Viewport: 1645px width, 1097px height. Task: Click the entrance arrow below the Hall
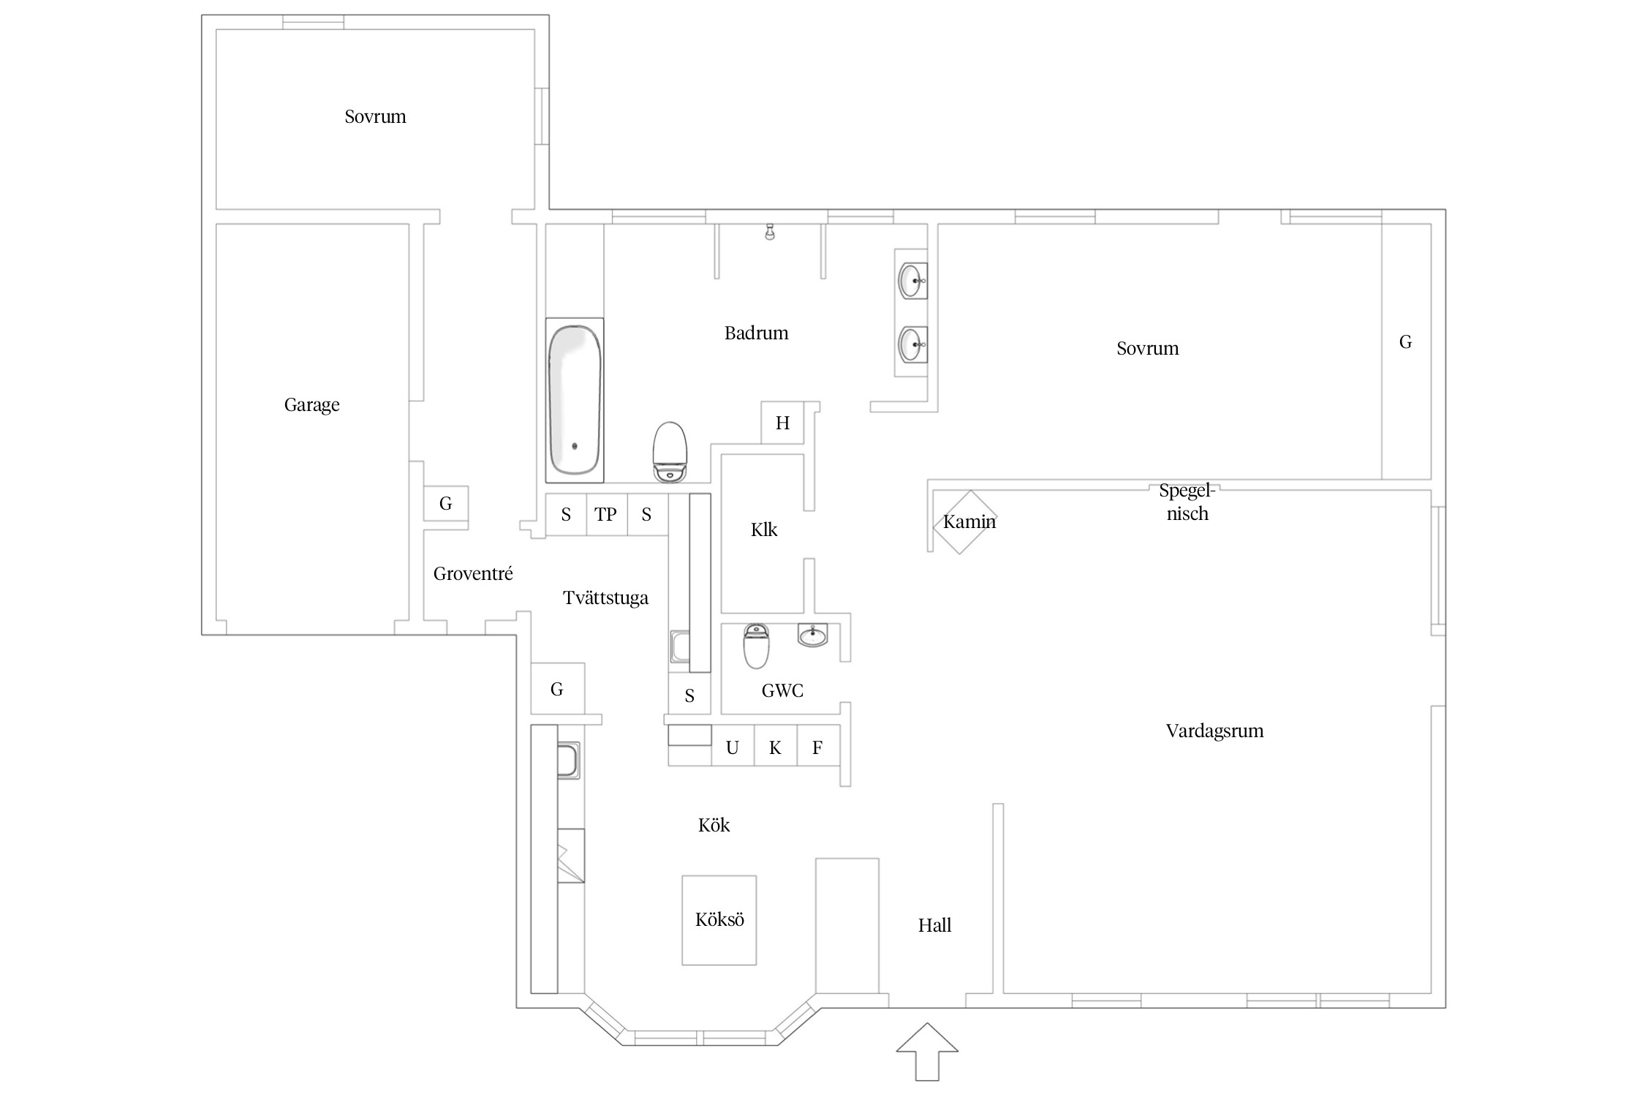[x=927, y=1051]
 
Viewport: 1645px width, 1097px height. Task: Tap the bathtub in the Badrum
[x=575, y=400]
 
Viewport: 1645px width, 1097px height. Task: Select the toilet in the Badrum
[x=670, y=452]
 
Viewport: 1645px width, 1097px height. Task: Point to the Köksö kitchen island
[x=719, y=920]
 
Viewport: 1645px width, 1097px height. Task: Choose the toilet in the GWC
[x=756, y=646]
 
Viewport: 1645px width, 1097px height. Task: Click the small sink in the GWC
[x=812, y=635]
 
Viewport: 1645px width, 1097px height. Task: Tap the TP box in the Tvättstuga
[x=606, y=515]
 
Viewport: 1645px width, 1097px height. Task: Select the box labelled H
[x=782, y=422]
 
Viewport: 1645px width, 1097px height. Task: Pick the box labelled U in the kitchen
[x=733, y=746]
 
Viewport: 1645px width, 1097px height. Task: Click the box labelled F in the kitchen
[x=818, y=746]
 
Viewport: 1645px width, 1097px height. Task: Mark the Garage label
[x=312, y=405]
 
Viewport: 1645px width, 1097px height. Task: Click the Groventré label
[x=473, y=573]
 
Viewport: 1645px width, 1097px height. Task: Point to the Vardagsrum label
[x=1214, y=731]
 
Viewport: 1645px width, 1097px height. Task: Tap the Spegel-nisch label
[x=1187, y=502]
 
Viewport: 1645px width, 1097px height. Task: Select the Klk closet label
[x=764, y=529]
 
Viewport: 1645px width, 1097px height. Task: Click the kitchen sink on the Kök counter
[x=569, y=761]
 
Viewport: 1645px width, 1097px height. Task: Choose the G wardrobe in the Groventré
[x=446, y=503]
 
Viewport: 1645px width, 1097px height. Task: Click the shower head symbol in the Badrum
[x=769, y=232]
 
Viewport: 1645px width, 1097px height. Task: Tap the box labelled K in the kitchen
[x=776, y=746]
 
